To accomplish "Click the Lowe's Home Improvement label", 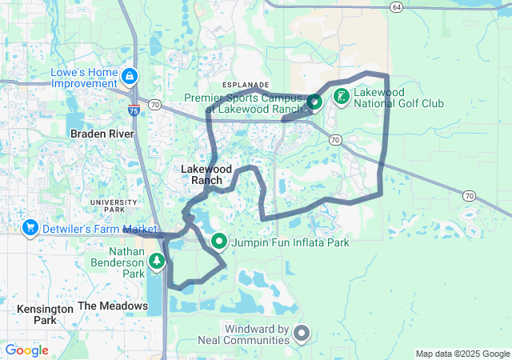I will tap(84, 78).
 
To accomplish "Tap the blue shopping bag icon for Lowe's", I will tap(130, 78).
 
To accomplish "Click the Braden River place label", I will tap(101, 134).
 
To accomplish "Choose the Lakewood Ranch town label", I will tap(206, 174).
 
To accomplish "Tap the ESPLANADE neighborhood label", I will tap(246, 84).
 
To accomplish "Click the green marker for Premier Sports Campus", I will tap(314, 102).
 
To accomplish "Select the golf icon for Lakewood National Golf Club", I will tap(342, 97).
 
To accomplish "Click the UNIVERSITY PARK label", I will tap(114, 206).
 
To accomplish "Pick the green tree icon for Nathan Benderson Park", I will tap(158, 261).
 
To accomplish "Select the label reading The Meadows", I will tap(112, 306).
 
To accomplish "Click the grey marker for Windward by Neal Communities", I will tap(302, 332).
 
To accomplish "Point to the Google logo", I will tap(26, 350).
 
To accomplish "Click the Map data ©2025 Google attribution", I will tap(462, 354).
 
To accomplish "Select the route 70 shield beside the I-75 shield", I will tap(155, 104).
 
